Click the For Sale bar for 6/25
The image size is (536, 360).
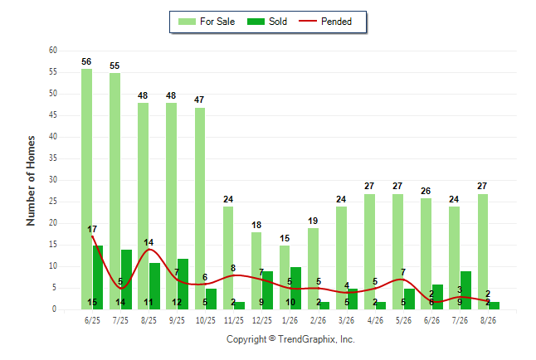(x=86, y=189)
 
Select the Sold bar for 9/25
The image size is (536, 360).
(x=183, y=285)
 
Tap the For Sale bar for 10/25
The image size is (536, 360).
(x=200, y=208)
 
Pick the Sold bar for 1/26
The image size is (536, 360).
(x=295, y=288)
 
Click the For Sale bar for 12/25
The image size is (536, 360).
(x=256, y=270)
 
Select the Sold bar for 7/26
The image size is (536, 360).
(x=465, y=290)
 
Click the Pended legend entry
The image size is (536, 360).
(x=325, y=22)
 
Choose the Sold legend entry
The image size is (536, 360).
(x=267, y=22)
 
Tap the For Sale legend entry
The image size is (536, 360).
(x=207, y=22)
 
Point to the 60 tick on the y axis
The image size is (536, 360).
(x=53, y=51)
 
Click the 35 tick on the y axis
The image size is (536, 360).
(x=53, y=158)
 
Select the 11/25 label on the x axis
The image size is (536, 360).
(x=234, y=320)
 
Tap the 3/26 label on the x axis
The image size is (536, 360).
(x=347, y=320)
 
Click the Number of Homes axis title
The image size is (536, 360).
(x=31, y=181)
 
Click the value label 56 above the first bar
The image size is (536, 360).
(x=86, y=61)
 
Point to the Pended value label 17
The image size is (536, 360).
(x=92, y=229)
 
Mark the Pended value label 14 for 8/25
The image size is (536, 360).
(x=149, y=242)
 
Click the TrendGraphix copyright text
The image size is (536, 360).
(x=290, y=339)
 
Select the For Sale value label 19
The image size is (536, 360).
(x=313, y=221)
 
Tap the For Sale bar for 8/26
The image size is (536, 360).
(x=483, y=251)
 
